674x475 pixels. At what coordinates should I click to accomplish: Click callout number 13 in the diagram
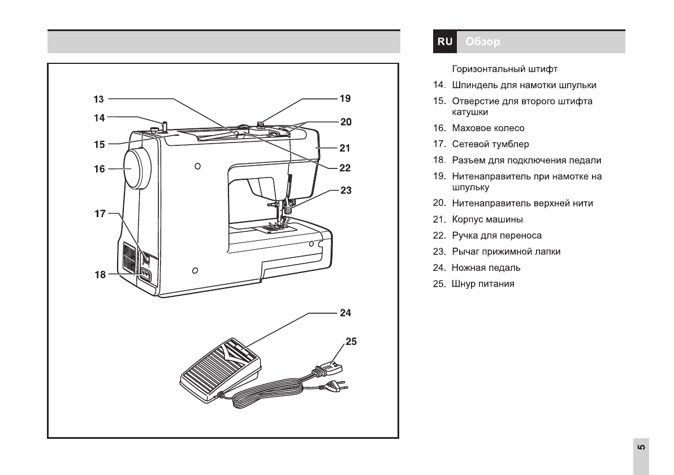coord(99,99)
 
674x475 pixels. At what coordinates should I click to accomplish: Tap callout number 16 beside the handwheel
coord(100,169)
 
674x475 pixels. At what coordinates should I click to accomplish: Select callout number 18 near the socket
coord(100,275)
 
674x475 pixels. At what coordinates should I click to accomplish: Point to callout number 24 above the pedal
coord(345,312)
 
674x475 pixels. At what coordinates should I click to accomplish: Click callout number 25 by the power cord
coord(351,342)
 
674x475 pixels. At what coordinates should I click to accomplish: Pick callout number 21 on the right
coord(345,148)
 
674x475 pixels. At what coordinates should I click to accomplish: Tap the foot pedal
coord(221,368)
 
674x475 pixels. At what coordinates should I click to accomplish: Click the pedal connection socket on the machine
coord(146,275)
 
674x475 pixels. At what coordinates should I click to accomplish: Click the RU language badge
coord(445,42)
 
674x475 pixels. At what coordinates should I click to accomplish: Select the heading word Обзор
coord(483,42)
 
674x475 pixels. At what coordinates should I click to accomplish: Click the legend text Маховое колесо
coord(488,128)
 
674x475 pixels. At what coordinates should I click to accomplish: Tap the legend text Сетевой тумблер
coord(490,144)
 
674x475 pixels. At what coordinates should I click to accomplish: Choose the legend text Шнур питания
coord(483,284)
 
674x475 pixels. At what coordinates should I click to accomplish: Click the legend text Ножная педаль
coord(486,267)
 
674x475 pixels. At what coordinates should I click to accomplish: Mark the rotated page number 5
coord(641,448)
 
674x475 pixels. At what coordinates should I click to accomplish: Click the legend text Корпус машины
coord(487,219)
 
